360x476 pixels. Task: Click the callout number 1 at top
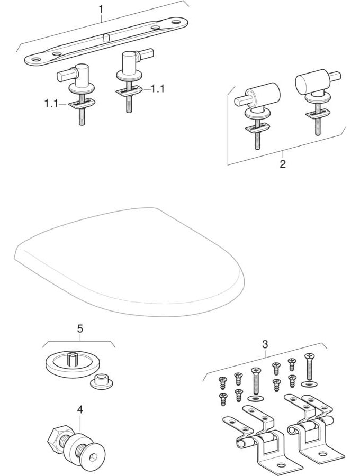(101, 9)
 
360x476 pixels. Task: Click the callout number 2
(283, 164)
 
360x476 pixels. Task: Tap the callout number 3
(265, 344)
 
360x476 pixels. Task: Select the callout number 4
(80, 410)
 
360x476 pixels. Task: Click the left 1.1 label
(51, 104)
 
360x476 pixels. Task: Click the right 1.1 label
(157, 89)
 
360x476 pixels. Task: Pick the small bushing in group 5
(101, 382)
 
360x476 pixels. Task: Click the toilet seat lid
(129, 261)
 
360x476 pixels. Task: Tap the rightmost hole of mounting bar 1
(176, 22)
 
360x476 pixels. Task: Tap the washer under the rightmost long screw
(309, 385)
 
